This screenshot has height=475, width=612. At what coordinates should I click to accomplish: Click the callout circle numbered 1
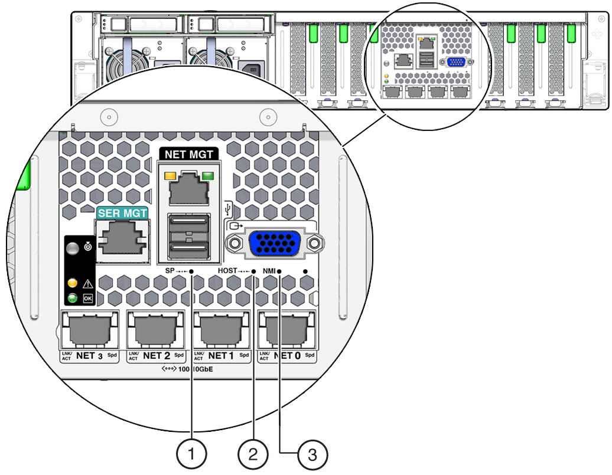point(191,454)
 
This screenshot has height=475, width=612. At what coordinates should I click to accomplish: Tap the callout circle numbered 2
point(253,454)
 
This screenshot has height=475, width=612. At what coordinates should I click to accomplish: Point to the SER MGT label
point(122,212)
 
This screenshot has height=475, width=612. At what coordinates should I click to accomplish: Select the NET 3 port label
point(90,355)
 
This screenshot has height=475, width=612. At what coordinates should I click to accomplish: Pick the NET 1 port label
point(222,355)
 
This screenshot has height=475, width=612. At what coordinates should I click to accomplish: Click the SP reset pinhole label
point(173,271)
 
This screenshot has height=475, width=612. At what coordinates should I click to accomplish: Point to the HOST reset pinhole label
point(227,271)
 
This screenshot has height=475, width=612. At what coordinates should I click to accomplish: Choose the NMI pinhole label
point(269,271)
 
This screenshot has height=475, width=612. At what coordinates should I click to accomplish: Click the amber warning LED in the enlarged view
point(73,283)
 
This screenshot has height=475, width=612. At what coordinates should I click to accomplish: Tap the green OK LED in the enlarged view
point(73,298)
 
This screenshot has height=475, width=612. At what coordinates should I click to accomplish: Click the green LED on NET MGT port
point(207,175)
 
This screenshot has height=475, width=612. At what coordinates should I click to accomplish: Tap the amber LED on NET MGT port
point(171,175)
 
